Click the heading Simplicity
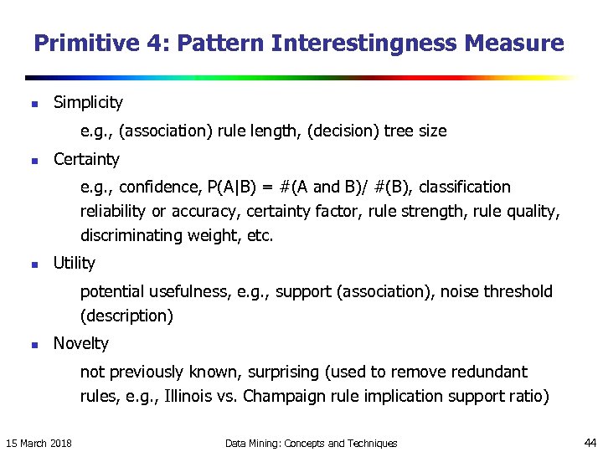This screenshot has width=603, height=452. coord(88,103)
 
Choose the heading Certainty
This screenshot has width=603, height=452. coord(86,159)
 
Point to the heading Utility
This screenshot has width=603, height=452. coord(74,264)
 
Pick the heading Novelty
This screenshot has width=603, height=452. coord(81,343)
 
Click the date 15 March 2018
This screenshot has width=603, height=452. coord(39,443)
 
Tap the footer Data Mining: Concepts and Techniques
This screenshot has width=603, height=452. coord(312,443)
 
